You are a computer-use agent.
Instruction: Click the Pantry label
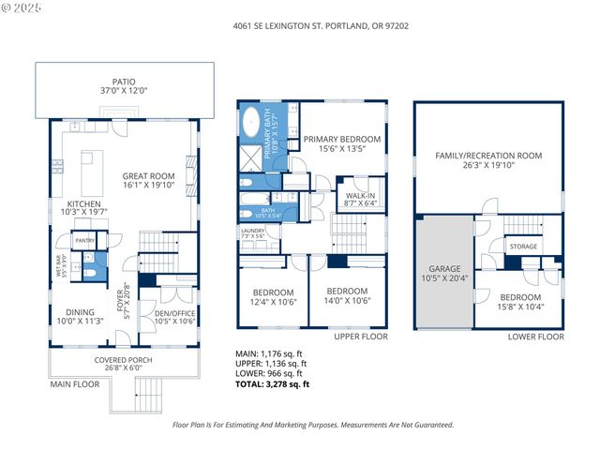pyautogui.click(x=84, y=240)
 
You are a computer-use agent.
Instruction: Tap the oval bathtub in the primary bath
pyautogui.click(x=253, y=124)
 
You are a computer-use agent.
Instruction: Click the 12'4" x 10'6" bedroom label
pyautogui.click(x=273, y=296)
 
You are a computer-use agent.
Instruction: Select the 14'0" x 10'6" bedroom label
pyautogui.click(x=345, y=296)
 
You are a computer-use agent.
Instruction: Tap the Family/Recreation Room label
pyautogui.click(x=488, y=160)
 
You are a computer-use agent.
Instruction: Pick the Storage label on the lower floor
pyautogui.click(x=522, y=247)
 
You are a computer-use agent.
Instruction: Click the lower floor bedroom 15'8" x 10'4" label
pyautogui.click(x=519, y=301)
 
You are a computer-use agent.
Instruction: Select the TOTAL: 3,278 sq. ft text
pyautogui.click(x=272, y=384)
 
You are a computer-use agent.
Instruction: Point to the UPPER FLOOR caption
pyautogui.click(x=360, y=336)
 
